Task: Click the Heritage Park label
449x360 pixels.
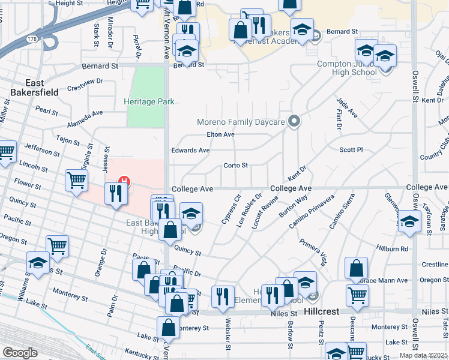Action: (x=149, y=101)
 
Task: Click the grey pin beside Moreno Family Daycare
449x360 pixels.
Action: (x=294, y=122)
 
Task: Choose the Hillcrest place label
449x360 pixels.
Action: (x=322, y=312)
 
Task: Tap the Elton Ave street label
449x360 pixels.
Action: (x=220, y=134)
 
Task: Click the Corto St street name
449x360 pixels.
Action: (x=235, y=165)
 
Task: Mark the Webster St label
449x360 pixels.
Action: (x=228, y=343)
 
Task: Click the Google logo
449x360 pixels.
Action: (x=20, y=353)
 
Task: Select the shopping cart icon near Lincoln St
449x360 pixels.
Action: (x=77, y=179)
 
